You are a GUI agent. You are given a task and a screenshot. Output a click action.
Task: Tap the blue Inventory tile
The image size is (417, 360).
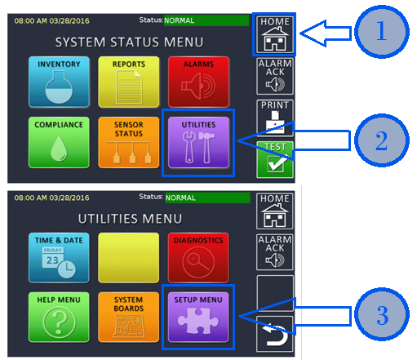(59, 82)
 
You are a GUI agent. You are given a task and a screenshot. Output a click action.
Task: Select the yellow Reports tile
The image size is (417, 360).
(129, 82)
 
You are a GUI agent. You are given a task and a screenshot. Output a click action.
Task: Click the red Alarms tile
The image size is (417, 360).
(198, 82)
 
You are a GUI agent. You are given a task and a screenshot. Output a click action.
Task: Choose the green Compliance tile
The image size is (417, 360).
(59, 142)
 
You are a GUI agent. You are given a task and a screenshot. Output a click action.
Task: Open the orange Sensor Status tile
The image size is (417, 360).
(129, 142)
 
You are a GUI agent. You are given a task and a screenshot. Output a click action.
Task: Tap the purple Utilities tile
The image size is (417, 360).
(198, 142)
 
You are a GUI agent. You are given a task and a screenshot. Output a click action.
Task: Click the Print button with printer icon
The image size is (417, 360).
(275, 118)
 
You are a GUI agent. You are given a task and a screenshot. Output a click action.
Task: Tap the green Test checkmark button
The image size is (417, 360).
(275, 160)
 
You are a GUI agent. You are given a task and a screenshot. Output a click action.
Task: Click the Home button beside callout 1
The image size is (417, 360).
(275, 34)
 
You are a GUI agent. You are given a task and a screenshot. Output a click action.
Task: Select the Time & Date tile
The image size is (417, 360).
(59, 258)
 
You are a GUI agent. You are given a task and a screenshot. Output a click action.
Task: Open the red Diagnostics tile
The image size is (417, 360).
(198, 258)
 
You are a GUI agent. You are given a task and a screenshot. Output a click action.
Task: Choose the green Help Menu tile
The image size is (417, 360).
(59, 317)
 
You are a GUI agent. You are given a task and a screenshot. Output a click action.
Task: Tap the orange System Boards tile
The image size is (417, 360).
(129, 317)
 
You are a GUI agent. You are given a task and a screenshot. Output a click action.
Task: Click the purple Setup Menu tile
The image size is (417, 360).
(198, 317)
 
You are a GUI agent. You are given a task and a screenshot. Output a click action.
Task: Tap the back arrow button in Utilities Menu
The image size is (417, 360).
(275, 334)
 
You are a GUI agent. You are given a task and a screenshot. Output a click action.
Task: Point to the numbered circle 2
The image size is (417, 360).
(382, 140)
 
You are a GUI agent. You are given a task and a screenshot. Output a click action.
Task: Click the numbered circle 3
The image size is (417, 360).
(382, 314)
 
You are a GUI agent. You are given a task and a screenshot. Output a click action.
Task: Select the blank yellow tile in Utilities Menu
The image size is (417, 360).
(129, 258)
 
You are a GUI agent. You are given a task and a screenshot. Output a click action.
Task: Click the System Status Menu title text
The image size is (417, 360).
(129, 42)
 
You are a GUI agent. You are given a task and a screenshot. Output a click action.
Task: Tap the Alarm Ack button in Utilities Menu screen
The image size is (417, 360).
(275, 252)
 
